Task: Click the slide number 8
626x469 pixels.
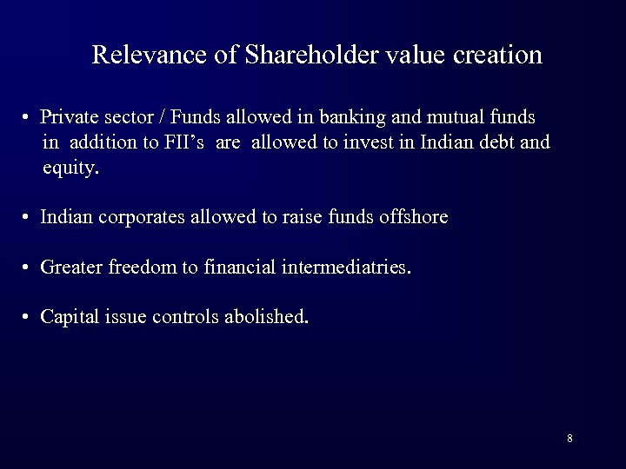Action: click(x=569, y=438)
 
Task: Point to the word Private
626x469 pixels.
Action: click(x=69, y=116)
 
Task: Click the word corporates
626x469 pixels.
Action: click(x=141, y=217)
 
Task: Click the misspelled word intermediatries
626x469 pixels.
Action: click(x=345, y=267)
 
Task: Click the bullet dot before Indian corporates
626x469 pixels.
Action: click(x=29, y=218)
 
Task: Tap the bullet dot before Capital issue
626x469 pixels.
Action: click(x=29, y=317)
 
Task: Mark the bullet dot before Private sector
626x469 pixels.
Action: click(x=29, y=117)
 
